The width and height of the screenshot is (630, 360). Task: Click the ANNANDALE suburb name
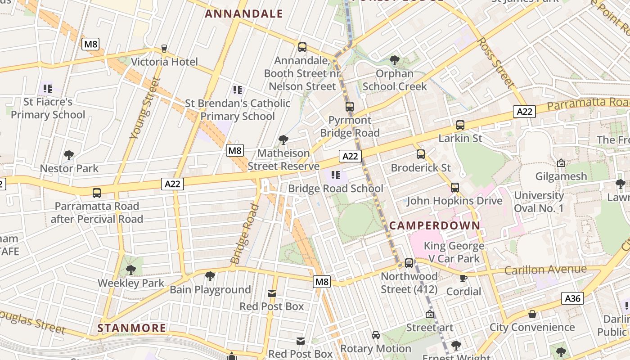tap(244, 14)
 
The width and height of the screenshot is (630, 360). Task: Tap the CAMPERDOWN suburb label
tap(435, 225)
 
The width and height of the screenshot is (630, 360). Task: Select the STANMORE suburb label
tap(132, 328)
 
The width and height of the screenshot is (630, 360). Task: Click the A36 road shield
tap(572, 298)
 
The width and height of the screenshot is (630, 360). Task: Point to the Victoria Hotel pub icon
tap(164, 49)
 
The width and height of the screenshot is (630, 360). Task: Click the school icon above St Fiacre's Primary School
tap(48, 88)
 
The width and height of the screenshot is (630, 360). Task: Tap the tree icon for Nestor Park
tap(69, 156)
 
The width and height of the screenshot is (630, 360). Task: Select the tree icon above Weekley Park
tap(131, 270)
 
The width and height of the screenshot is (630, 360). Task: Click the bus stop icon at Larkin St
tap(460, 125)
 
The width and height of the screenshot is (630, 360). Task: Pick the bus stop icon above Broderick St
tap(421, 154)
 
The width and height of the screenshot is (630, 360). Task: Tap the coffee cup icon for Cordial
tap(463, 278)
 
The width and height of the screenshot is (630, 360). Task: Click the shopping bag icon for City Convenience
tap(532, 314)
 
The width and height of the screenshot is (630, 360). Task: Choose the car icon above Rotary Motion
tap(376, 335)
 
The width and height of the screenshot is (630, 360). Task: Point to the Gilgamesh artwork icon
tap(561, 163)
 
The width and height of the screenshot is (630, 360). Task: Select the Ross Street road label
tap(495, 62)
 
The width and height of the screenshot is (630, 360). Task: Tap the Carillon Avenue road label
tap(545, 270)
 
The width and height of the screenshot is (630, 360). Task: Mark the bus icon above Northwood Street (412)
tap(409, 263)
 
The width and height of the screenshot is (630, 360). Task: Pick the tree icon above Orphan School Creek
tap(395, 60)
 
